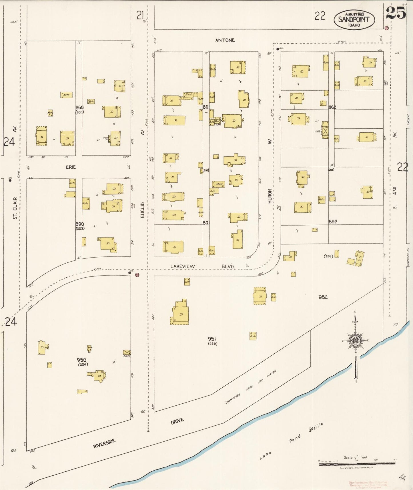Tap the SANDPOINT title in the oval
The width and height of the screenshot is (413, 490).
coord(354,19)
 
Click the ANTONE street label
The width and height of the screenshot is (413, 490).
coord(225,40)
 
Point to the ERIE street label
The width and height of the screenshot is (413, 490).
coord(71,167)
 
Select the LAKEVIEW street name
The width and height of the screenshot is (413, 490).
coord(183,266)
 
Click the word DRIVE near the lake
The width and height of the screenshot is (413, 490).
coord(177,421)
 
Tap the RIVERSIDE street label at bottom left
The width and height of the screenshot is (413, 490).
coord(104,443)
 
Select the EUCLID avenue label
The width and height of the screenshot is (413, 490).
coord(142,210)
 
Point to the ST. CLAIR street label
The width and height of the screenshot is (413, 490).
coord(15,208)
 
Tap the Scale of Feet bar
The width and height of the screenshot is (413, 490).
coord(357,464)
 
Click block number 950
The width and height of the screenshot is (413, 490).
coord(81,360)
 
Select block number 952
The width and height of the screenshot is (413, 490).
coord(323,297)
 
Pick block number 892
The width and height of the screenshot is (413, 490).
coord(333,222)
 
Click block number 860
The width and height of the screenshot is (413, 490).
coord(79,107)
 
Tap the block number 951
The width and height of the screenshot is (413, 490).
coord(212,339)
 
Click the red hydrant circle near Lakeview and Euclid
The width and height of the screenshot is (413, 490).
coord(137,275)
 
